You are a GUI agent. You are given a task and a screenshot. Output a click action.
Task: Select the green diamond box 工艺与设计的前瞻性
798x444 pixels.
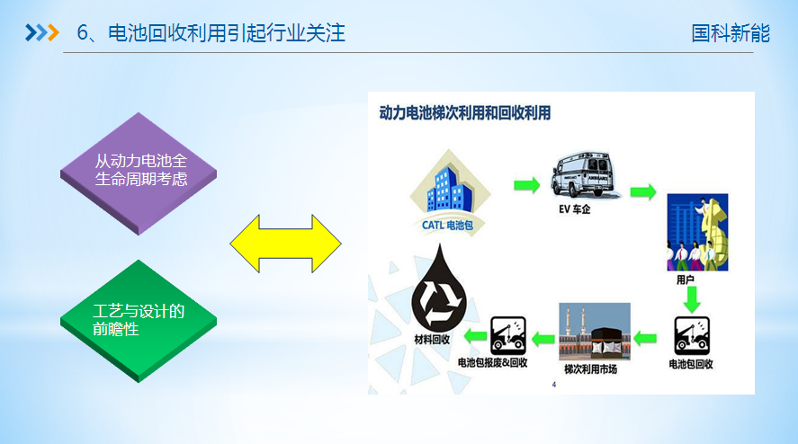coord(139,320)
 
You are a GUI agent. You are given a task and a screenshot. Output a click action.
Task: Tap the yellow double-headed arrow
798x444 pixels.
coord(286,243)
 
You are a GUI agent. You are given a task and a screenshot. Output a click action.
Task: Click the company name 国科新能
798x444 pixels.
coord(731,33)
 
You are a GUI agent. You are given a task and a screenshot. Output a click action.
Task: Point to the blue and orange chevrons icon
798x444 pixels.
coord(41,33)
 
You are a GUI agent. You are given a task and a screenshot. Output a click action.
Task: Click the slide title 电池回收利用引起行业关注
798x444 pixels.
coord(225,33)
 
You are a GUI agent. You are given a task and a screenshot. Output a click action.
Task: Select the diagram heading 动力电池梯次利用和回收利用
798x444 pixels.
coord(464,113)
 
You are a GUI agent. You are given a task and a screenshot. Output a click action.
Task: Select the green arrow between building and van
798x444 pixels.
coord(525,185)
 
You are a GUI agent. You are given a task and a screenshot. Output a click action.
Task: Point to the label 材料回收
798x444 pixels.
coord(432,339)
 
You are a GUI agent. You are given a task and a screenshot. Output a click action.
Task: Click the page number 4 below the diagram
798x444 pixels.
coord(554,385)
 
